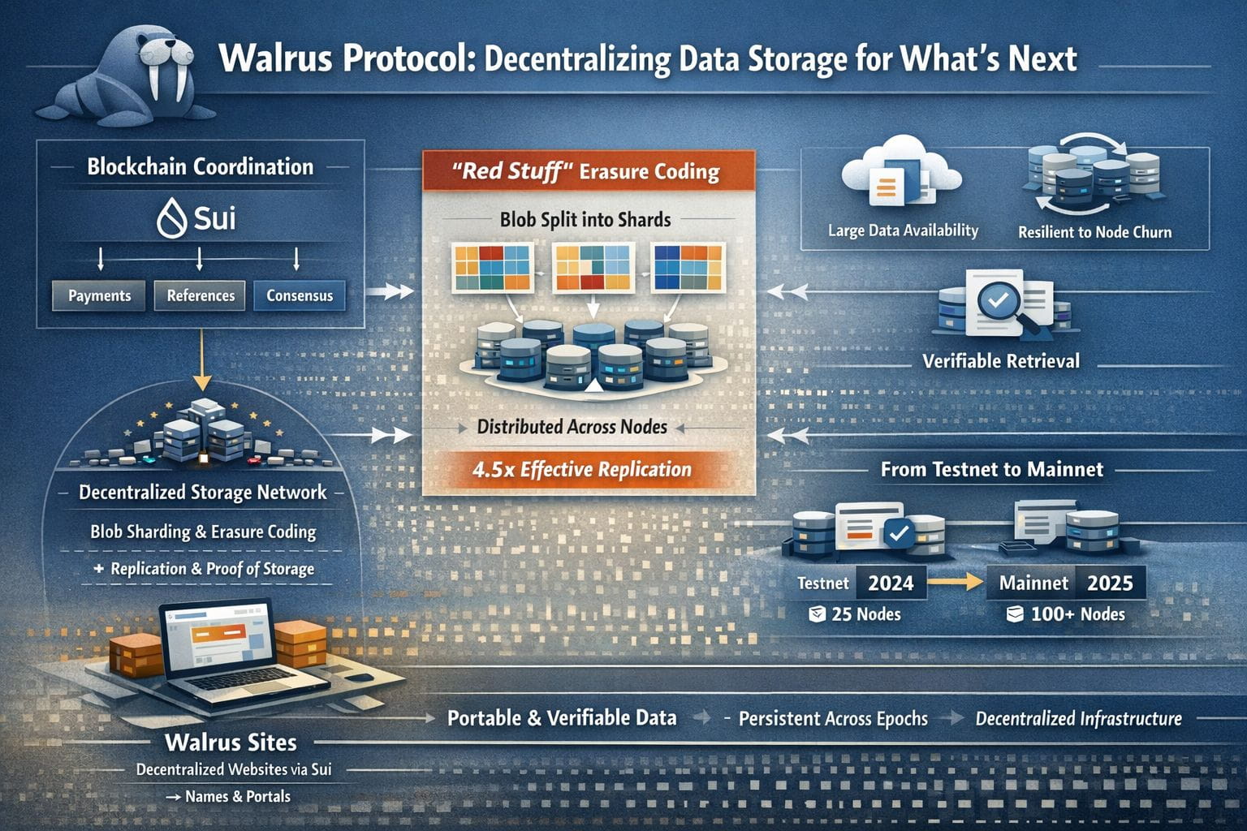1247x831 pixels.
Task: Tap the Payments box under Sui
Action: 99,295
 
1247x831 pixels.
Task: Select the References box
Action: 201,295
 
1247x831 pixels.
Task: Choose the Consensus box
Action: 300,295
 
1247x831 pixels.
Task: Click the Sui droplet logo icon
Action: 171,218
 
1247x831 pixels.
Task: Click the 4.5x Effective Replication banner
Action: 582,469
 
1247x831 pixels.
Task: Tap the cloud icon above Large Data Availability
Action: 900,174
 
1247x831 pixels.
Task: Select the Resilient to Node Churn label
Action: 1094,232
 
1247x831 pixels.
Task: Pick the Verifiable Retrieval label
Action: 1001,361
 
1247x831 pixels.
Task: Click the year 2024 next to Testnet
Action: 891,583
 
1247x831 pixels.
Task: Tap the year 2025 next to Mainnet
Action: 1110,583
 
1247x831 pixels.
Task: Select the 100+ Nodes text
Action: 1077,614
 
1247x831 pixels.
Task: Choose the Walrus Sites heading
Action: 231,743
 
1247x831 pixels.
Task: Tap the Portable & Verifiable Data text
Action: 562,718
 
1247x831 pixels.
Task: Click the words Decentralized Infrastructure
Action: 1078,719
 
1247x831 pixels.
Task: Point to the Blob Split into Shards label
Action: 585,220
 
